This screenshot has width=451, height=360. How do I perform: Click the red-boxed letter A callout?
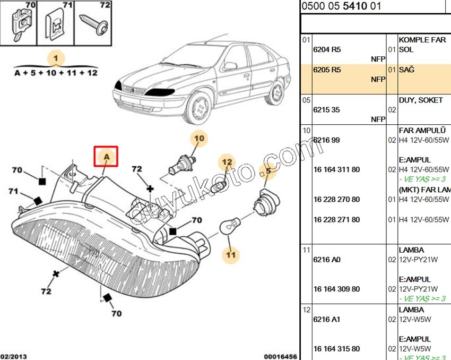[x=106, y=157]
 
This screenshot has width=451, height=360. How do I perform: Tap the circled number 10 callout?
[x=199, y=139]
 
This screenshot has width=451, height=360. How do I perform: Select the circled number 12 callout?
[x=227, y=161]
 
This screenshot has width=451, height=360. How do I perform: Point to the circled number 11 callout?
[x=230, y=255]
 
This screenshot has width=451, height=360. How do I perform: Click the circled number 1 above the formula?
[x=56, y=58]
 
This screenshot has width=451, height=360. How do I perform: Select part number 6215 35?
[x=327, y=110]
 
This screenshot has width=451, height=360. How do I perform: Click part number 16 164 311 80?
[x=336, y=169]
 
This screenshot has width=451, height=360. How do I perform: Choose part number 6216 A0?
[x=327, y=260]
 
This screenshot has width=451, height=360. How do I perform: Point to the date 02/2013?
[x=13, y=356]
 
